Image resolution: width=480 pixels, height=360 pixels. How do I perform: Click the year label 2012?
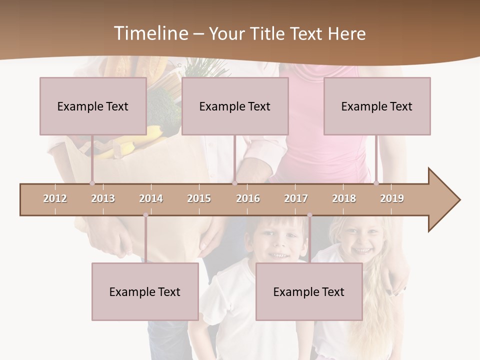[x=55, y=198]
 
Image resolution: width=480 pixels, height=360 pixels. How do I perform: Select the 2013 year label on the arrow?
[x=103, y=198]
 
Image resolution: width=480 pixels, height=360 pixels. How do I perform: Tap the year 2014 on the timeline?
[x=151, y=198]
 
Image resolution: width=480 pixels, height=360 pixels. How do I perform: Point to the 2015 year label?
[x=199, y=198]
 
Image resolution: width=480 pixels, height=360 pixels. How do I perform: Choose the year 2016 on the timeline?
[x=248, y=198]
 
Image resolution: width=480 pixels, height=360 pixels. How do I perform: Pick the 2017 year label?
[x=296, y=198]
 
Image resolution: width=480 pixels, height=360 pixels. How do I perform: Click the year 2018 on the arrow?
[x=344, y=198]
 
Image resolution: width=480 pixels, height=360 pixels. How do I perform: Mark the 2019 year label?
[x=392, y=198]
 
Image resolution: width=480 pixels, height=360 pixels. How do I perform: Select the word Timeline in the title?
[x=150, y=33]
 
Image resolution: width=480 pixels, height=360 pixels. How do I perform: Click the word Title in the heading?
[x=268, y=33]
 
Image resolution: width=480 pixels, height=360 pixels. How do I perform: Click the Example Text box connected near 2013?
[x=93, y=106]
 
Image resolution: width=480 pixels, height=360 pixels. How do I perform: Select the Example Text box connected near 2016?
[x=235, y=106]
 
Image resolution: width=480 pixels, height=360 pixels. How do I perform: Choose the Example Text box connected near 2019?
[x=377, y=106]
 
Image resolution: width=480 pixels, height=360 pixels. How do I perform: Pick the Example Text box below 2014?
[x=145, y=291]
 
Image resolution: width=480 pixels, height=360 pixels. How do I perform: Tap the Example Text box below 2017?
[x=309, y=291]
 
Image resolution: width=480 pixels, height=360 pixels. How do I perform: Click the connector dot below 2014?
[x=145, y=215]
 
